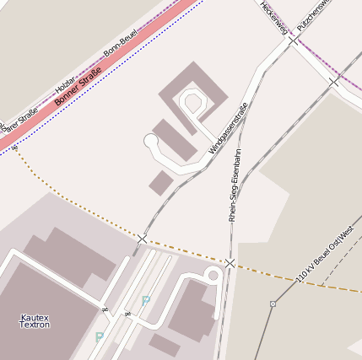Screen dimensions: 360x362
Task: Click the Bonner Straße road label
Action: coord(72,86)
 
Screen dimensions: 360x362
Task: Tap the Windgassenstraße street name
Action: coord(229,128)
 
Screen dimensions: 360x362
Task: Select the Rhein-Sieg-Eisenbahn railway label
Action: coord(235,185)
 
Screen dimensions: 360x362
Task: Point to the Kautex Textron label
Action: coord(35,320)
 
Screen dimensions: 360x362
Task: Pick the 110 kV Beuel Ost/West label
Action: coord(325,254)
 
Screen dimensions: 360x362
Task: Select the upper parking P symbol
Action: coord(146,300)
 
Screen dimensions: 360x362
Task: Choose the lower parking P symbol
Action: coord(100,337)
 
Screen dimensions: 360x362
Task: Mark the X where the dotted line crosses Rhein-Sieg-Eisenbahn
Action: coord(230,263)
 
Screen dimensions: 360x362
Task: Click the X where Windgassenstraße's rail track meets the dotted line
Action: coord(142,239)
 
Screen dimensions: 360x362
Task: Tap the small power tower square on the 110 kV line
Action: coord(273,304)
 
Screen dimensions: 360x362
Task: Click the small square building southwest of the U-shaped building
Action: coord(160,181)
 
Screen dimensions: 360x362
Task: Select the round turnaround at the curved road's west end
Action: coord(151,141)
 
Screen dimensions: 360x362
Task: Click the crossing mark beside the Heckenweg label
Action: coord(293,39)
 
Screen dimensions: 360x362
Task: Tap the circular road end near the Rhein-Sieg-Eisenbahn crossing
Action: coord(212,275)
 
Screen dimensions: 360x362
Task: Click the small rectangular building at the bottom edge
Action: coord(165,345)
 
